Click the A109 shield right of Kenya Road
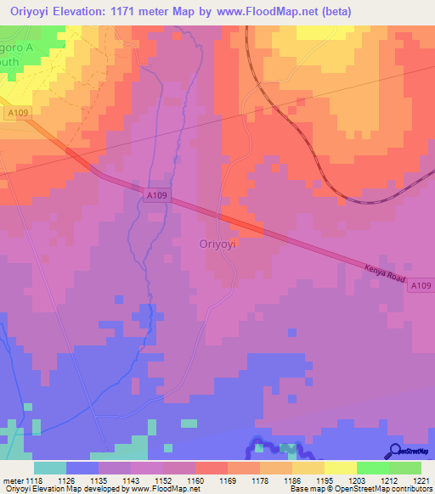419,288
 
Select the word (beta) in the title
333,10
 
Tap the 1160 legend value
198,480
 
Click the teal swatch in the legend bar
50,468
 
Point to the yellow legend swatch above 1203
340,468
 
